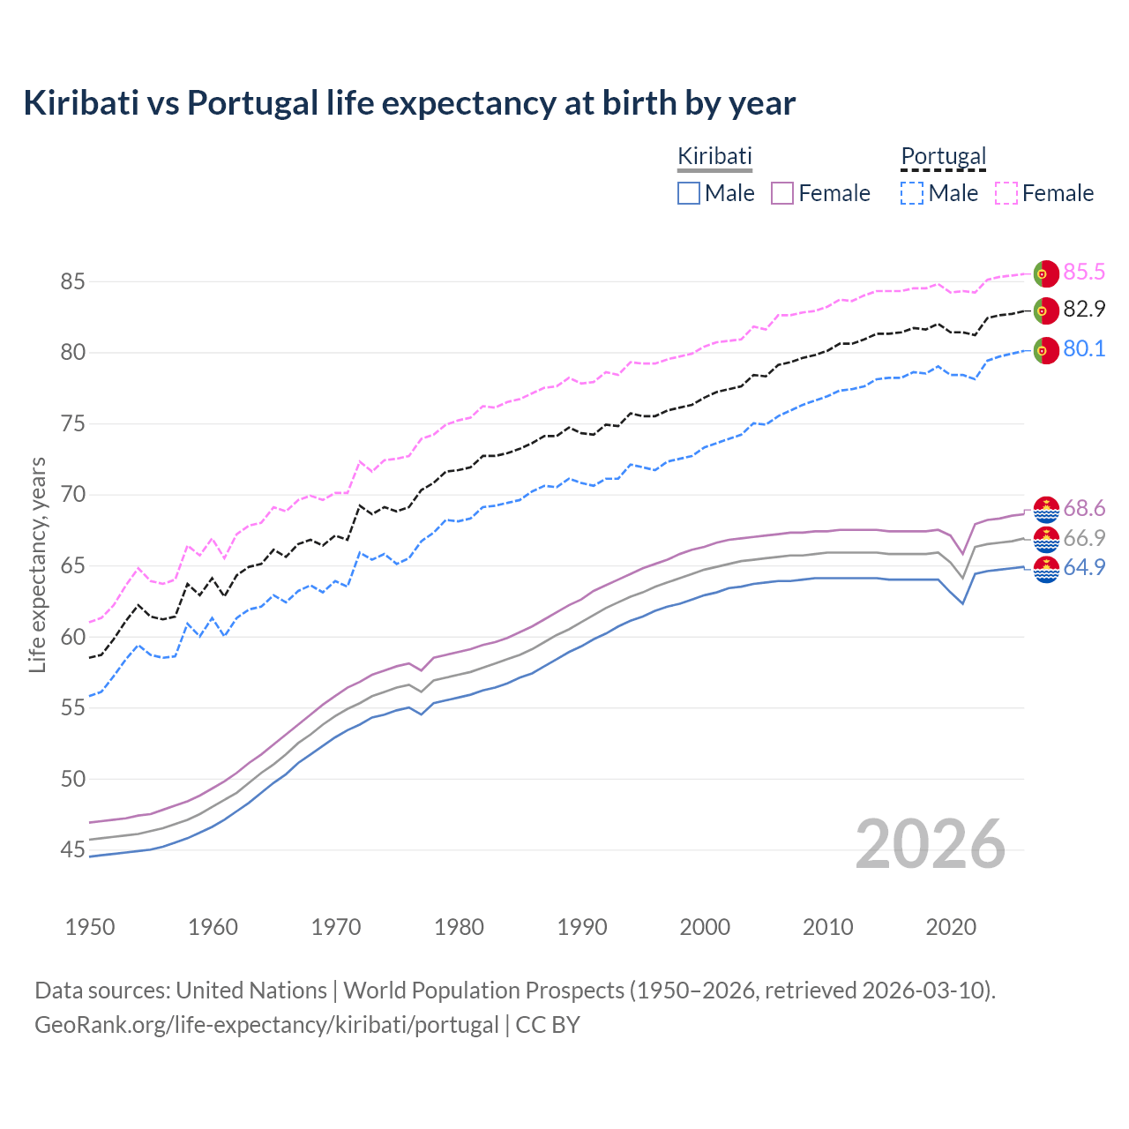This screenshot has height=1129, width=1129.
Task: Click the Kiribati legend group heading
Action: coord(714,156)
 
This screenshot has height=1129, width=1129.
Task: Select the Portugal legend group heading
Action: coord(943,156)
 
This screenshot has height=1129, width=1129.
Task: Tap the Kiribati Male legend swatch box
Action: coord(689,193)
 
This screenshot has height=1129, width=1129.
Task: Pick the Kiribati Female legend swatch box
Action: coord(782,193)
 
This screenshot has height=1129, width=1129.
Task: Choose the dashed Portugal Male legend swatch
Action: coord(912,193)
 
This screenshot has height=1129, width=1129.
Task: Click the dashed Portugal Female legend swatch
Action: coord(1006,193)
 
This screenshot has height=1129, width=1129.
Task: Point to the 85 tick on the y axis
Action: coord(72,282)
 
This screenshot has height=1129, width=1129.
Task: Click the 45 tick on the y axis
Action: coord(72,850)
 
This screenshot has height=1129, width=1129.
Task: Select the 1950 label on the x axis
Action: coord(90,927)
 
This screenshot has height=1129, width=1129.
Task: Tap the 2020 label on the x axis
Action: coord(951,927)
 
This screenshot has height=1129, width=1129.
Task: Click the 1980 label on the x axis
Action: coord(459,927)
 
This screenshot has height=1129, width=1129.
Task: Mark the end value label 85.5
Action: coord(1084,273)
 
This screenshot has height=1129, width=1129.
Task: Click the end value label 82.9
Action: coord(1084,310)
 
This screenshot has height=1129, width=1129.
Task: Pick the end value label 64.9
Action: coord(1084,568)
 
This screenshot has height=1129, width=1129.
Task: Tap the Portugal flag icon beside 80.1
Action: coord(1045,350)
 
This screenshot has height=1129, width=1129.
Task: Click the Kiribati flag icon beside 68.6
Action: coord(1045,510)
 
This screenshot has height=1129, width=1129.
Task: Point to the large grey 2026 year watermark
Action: coord(931,844)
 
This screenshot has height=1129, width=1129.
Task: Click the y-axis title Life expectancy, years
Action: coord(37,564)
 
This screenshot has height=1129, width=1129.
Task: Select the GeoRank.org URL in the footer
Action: coord(266,1025)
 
